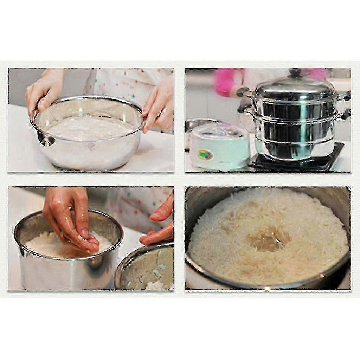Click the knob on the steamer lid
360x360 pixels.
pos(295,73)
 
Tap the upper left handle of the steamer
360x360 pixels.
pos(243,92)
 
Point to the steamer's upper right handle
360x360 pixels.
pos(345,96)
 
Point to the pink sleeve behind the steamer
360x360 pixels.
pos(225,83)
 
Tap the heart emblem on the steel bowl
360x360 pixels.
pos(92,146)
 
